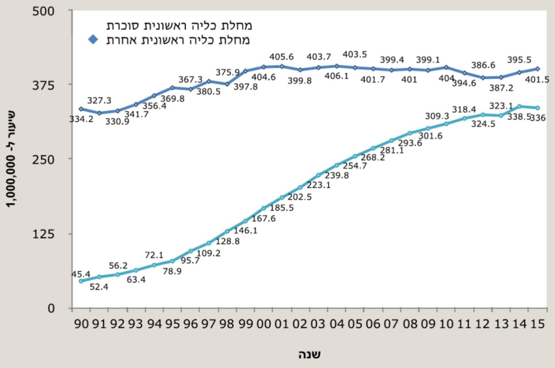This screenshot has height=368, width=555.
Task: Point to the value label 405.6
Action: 282,58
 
